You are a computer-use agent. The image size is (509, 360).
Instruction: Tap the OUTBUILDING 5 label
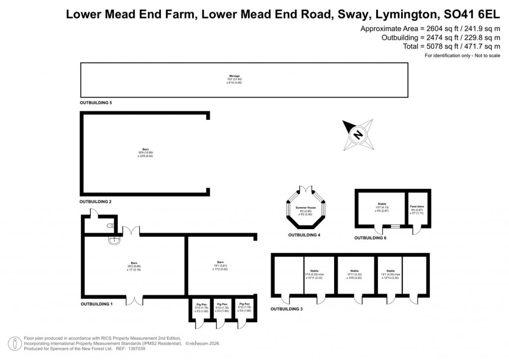(96, 102)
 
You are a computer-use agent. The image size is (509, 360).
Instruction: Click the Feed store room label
(417, 206)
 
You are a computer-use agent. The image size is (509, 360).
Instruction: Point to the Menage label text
(235, 76)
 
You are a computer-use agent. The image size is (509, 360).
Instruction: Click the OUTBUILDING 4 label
(304, 234)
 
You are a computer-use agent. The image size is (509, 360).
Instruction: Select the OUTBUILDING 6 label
(370, 238)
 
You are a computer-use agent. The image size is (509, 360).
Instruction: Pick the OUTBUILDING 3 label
(287, 309)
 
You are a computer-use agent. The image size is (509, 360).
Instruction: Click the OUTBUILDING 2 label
(95, 202)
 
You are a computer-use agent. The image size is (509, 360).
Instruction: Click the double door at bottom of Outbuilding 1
(134, 300)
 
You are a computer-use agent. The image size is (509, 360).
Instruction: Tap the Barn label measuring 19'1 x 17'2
(220, 262)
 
